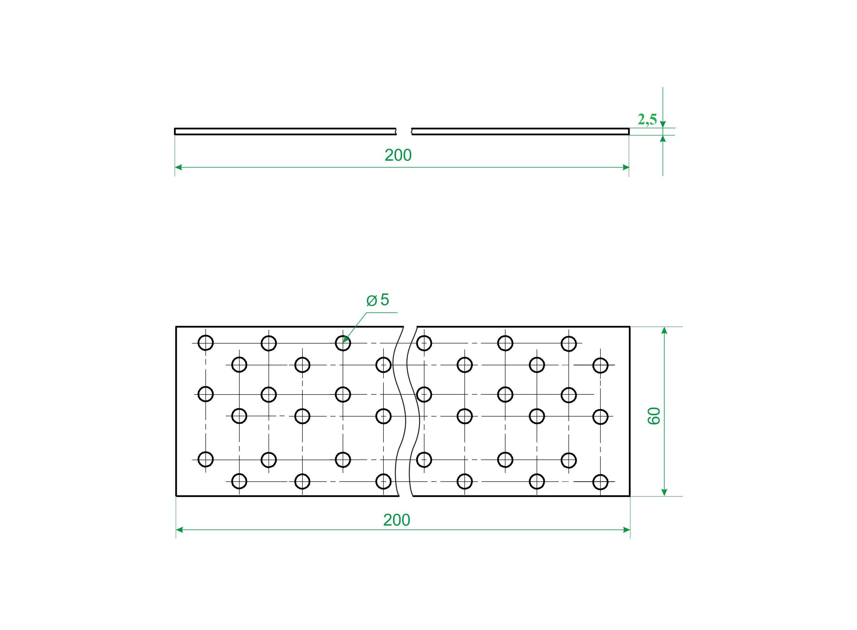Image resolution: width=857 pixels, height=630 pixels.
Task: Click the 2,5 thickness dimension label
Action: [647, 120]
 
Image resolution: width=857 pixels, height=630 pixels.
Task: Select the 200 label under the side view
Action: [398, 155]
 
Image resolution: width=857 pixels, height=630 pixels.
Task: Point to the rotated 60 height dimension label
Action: [654, 416]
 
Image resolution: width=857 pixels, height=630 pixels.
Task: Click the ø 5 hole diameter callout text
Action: [378, 300]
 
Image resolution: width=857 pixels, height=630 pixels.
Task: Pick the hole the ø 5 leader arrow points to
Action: [343, 343]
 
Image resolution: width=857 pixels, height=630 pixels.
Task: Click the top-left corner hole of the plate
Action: [206, 343]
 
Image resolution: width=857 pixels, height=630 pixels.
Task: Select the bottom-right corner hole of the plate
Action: [600, 482]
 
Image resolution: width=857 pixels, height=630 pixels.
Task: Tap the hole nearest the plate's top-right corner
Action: [600, 365]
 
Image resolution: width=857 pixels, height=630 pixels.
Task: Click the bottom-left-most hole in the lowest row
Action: [239, 481]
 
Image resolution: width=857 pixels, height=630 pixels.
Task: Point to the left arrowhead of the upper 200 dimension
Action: [178, 167]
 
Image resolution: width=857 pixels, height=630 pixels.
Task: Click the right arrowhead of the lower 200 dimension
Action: [626, 530]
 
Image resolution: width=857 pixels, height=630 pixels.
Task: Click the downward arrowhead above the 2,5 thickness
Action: [663, 124]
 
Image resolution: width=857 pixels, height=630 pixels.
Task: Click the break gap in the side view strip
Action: [404, 131]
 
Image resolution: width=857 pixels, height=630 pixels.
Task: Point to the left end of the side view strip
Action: [175, 131]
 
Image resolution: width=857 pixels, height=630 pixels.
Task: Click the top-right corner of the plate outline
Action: [629, 327]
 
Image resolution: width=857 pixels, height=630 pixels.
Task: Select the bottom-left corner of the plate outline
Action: [176, 496]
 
